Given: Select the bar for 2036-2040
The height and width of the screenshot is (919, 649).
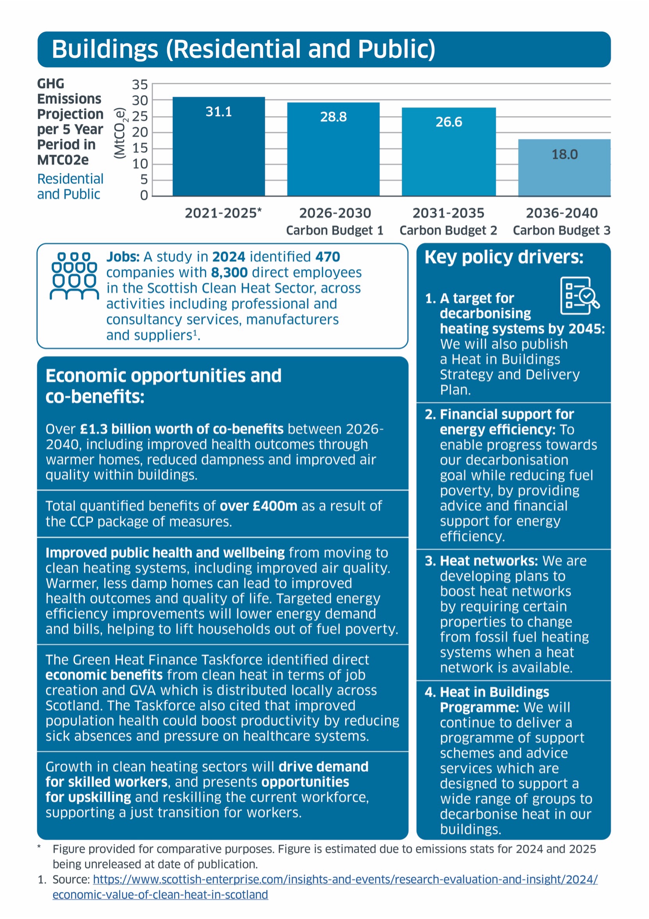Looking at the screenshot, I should (x=564, y=168).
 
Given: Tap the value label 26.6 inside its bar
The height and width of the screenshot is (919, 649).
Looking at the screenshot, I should (x=449, y=122).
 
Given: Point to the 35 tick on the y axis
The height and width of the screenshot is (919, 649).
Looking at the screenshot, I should (x=140, y=85).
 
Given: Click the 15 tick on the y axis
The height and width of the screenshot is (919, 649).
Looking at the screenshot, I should (x=140, y=148).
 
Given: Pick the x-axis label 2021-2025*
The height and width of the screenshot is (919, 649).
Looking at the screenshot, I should (x=223, y=213).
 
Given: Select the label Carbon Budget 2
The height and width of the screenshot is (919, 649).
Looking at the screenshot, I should (x=448, y=231).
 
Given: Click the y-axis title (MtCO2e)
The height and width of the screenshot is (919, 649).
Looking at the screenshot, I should (x=119, y=133).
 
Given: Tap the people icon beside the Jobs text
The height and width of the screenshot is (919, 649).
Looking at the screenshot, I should (x=74, y=276).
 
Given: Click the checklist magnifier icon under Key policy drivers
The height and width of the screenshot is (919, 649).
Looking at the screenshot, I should (x=579, y=295).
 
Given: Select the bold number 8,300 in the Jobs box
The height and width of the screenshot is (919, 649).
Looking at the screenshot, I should (x=229, y=273).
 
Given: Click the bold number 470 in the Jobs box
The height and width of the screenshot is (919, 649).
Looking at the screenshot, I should (x=327, y=257).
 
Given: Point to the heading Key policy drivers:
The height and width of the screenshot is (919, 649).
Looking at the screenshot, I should (x=504, y=257).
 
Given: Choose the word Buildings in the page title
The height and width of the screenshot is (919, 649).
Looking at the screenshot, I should (x=105, y=49).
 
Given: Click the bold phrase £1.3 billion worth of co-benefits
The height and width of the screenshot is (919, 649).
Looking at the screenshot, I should (x=182, y=429).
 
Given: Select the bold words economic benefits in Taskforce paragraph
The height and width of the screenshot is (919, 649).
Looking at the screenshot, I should (x=104, y=675).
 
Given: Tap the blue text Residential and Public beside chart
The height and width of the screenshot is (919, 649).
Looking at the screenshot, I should (x=70, y=186).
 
